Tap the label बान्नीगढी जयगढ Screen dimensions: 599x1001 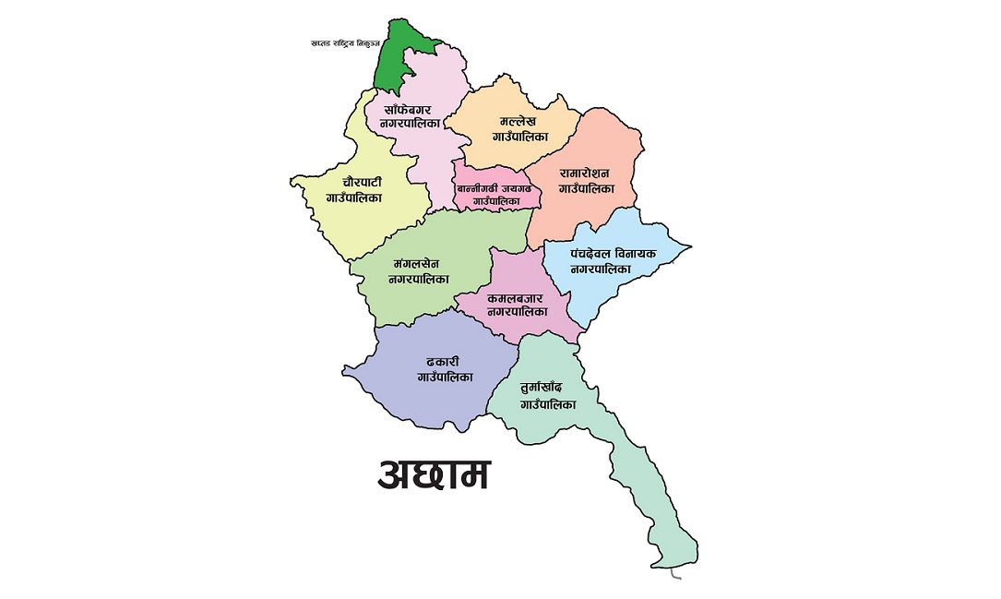coord(494,189)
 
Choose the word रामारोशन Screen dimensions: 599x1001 coord(590,173)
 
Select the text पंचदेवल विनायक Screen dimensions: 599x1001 coord(614,253)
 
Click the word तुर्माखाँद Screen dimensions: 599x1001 coord(548,389)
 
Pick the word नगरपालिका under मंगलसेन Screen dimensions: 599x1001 coord(419,278)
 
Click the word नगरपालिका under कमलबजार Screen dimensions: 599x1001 coord(517,312)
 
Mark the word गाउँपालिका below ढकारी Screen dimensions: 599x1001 coord(446,377)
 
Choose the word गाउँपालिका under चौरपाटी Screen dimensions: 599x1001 coord(354,198)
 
